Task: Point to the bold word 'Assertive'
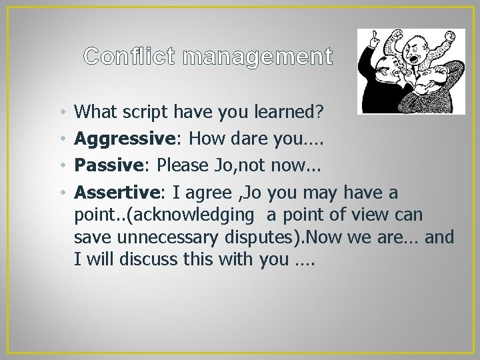pyautogui.click(x=116, y=193)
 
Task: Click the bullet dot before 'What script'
pyautogui.click(x=61, y=113)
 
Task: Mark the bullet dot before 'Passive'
pyautogui.click(x=61, y=167)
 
